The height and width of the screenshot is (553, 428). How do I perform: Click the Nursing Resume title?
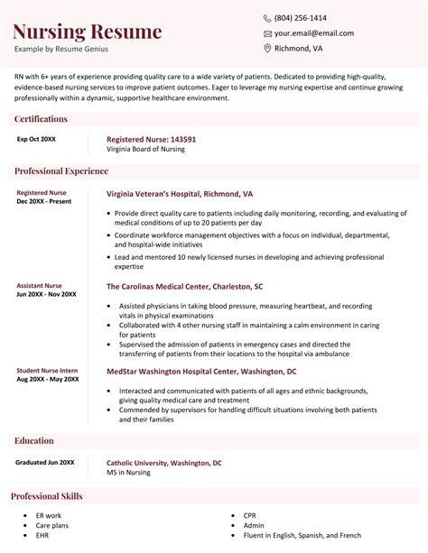tap(88, 32)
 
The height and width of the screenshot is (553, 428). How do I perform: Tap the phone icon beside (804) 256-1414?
tap(267, 18)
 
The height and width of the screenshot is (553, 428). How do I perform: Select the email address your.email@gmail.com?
tap(313, 33)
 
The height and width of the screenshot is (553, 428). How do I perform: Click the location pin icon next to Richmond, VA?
tap(267, 49)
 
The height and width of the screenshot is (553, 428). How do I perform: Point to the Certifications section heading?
tap(41, 119)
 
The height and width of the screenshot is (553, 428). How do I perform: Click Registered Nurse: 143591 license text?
tap(152, 140)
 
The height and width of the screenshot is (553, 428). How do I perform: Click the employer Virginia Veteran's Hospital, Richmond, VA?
tap(180, 194)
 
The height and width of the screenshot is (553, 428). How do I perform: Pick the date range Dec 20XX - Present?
tap(43, 202)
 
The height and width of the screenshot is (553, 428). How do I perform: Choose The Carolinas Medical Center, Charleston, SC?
tap(184, 287)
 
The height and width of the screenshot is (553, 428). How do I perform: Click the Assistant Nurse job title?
tap(40, 285)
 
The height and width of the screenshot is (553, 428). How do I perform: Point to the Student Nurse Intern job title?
tap(47, 370)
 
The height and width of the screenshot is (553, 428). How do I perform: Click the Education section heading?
tap(35, 440)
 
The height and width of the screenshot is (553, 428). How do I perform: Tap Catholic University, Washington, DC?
tap(163, 463)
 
